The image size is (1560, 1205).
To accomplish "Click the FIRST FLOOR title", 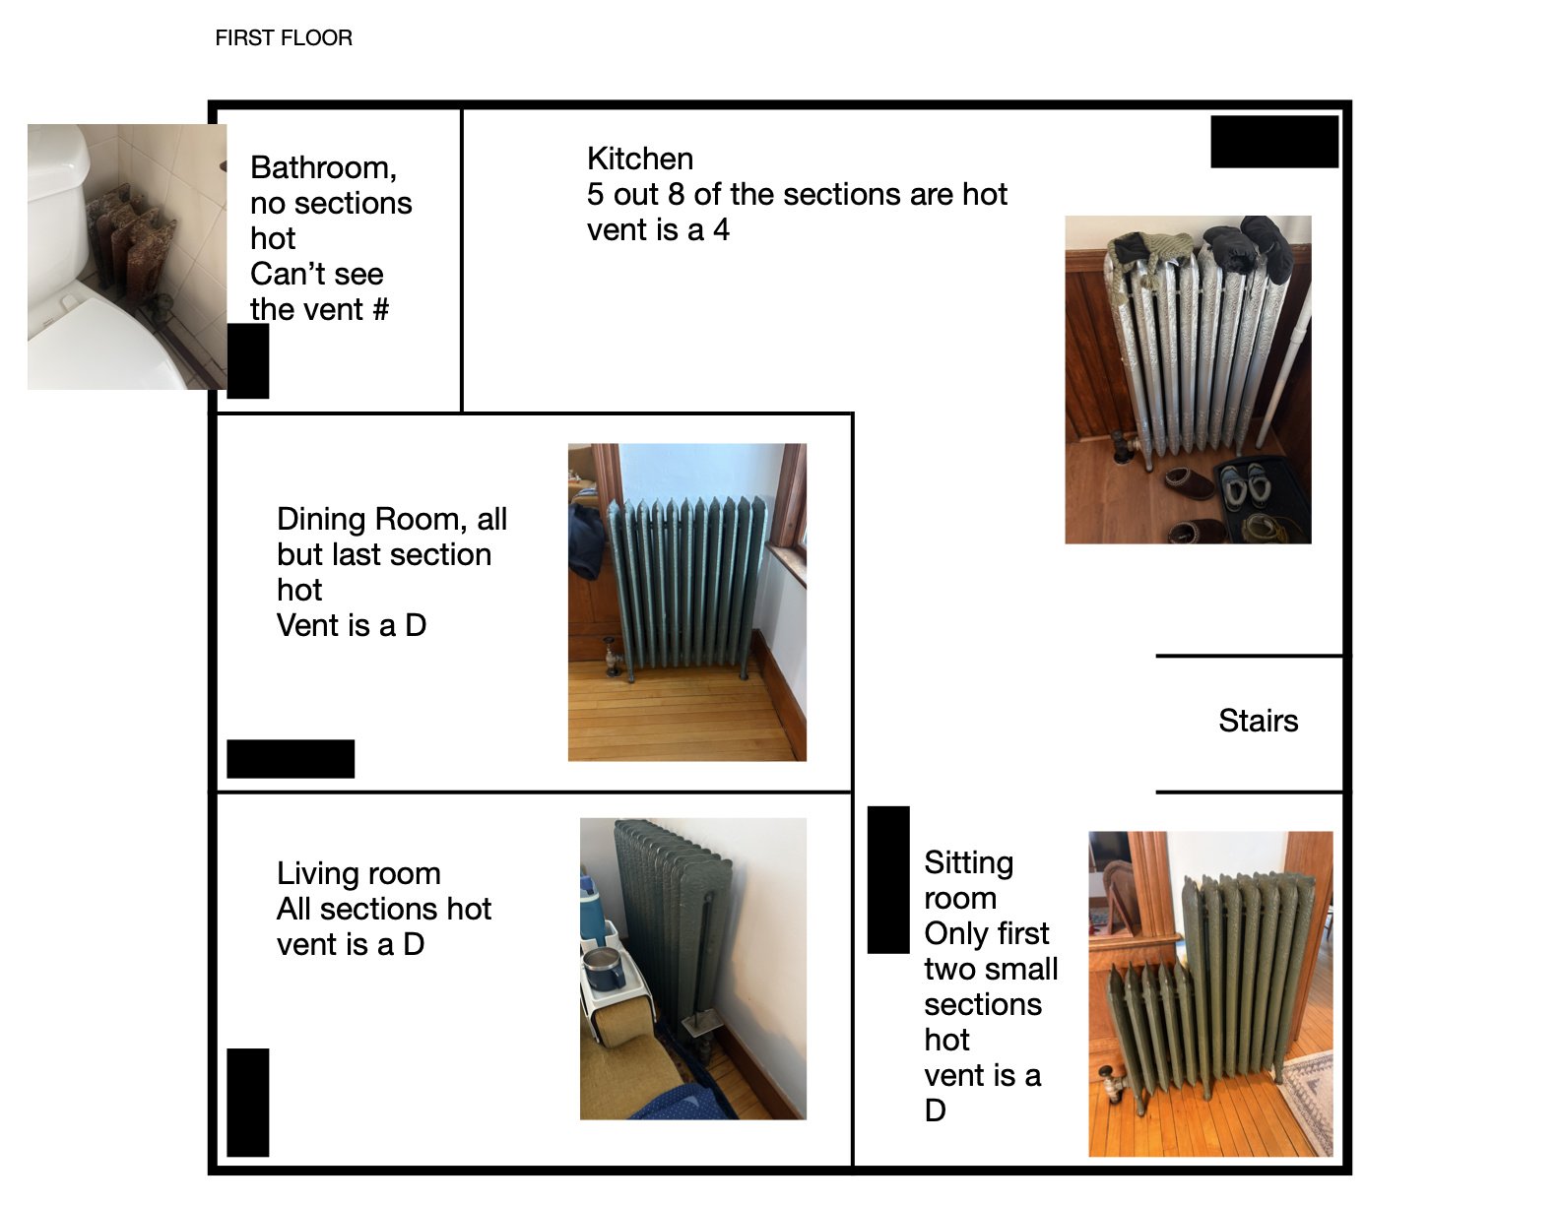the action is coord(284,38).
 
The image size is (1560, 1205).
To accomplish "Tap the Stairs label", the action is coord(1258,721).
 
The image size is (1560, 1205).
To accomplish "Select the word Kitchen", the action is coord(640,159).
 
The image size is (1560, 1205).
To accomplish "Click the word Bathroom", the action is coord(323,168).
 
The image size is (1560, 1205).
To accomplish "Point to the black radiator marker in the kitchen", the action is coord(1274,142).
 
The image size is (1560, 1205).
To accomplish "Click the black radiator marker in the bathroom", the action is coord(247,360).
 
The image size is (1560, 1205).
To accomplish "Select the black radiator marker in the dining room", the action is coord(291,759).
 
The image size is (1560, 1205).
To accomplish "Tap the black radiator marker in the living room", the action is coord(247,1103).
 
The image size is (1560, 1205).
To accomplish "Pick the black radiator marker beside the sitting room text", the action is coord(888,880).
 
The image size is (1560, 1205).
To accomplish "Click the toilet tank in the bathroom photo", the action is coord(57,187).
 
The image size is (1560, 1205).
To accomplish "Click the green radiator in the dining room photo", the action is coord(684,585).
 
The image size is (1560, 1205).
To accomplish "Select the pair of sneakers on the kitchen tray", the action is coord(1247,485).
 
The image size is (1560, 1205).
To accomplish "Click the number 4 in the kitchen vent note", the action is coord(721,230).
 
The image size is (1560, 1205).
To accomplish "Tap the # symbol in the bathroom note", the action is coord(380,310).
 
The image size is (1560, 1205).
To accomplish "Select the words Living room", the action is coord(358,874).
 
